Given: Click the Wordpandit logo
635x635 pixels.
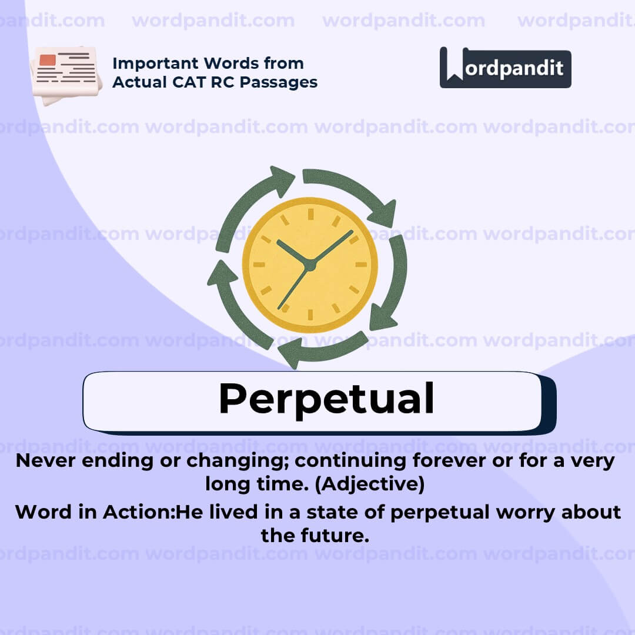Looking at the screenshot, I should click(x=505, y=68).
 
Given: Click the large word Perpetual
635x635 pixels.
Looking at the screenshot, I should click(x=326, y=399).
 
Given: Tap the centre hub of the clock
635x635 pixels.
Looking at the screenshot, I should click(x=310, y=265).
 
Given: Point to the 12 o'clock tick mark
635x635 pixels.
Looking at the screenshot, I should click(x=310, y=214).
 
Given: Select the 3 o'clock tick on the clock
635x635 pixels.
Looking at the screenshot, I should click(x=360, y=265).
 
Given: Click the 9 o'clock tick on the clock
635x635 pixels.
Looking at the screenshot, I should click(x=259, y=265).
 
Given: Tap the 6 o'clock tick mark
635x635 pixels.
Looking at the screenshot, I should click(x=310, y=315).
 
